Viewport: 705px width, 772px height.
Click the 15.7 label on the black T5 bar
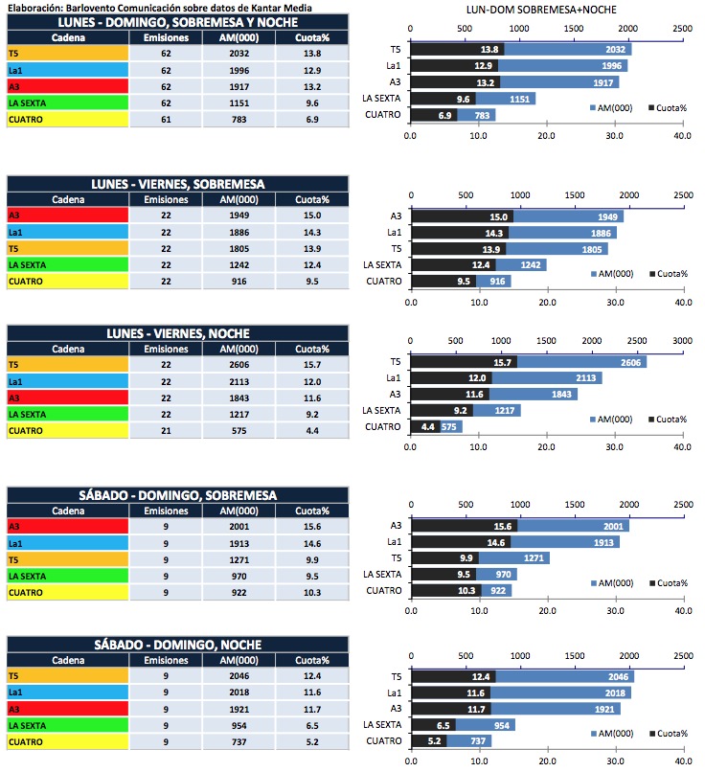pyautogui.click(x=504, y=362)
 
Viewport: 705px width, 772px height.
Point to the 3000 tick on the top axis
pyautogui.click(x=681, y=340)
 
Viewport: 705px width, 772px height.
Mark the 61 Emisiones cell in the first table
pyautogui.click(x=166, y=118)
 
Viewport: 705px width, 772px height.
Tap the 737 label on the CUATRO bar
pyautogui.click(x=478, y=740)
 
